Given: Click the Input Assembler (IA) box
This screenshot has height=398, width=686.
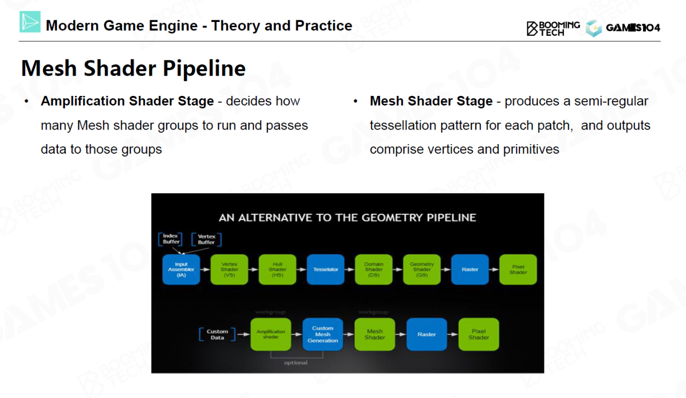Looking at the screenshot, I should coord(181,269).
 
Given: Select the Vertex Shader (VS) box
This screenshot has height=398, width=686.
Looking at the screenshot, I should coord(229,269).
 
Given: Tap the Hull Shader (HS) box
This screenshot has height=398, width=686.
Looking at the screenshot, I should coord(278,269).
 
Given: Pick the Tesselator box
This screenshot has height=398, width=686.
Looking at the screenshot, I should coord(326,269).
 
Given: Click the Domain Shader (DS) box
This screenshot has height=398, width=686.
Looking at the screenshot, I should coord(374,269).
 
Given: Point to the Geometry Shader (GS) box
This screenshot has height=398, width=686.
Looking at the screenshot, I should coord(422,269).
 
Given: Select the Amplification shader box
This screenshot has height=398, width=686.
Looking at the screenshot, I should coord(271,334).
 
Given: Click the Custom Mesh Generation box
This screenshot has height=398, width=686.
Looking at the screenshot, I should coord(323,334).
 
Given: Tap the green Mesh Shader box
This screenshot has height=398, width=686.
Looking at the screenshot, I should coord(375,334).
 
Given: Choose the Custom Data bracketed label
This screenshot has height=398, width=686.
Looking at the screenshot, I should coord(217,335).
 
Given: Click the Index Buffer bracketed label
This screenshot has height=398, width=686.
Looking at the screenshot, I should coord(171,239).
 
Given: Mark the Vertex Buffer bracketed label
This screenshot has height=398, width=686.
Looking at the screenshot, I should coord(206,239).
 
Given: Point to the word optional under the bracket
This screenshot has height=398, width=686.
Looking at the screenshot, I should coord(296,363).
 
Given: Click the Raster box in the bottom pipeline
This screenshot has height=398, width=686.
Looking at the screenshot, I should coord(427,334).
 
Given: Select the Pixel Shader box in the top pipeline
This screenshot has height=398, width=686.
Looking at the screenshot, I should coord(518,269).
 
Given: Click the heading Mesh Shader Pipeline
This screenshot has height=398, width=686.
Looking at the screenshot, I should coord(133,69).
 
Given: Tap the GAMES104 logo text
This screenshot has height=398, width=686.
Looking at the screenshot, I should coord(633,28).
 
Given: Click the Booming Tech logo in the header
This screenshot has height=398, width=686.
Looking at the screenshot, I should coord(553,28).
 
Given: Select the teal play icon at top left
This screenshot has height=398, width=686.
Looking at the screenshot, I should coord(30,22).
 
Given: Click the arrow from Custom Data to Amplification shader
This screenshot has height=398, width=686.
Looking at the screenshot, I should coord(242,335).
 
